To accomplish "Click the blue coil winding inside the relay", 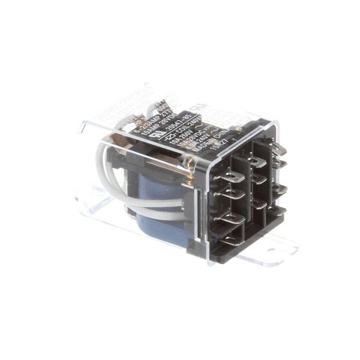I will pos(150,216).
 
